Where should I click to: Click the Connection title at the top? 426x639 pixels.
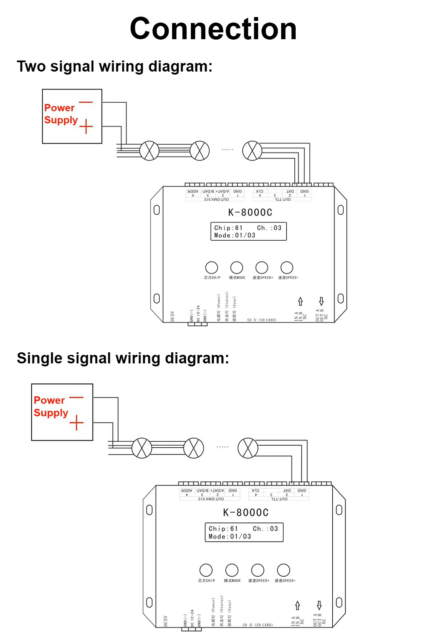(x=213, y=29)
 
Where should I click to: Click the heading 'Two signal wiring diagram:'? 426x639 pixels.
(x=114, y=66)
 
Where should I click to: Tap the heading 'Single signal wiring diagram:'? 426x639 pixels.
(x=123, y=358)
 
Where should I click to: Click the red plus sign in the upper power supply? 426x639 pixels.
(x=86, y=127)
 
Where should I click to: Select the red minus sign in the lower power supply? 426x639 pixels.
(x=76, y=398)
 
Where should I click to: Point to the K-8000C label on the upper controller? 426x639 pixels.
(x=250, y=212)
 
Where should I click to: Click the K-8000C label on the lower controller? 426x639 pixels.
(x=246, y=512)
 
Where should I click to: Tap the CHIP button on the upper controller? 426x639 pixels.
(x=212, y=268)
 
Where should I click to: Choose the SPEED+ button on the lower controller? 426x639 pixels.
(x=258, y=570)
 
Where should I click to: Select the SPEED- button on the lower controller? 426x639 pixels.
(x=284, y=570)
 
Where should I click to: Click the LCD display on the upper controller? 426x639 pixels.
(x=248, y=231)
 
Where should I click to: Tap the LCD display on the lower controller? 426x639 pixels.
(x=244, y=532)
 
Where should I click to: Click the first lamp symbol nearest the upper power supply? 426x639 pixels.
(x=150, y=151)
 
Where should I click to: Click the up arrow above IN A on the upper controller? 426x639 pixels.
(x=300, y=301)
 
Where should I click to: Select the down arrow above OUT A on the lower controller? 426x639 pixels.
(x=319, y=605)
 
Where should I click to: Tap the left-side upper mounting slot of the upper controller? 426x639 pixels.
(x=156, y=210)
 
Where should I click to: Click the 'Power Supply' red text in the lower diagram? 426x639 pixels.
(x=51, y=406)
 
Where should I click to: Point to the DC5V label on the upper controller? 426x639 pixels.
(x=173, y=317)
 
